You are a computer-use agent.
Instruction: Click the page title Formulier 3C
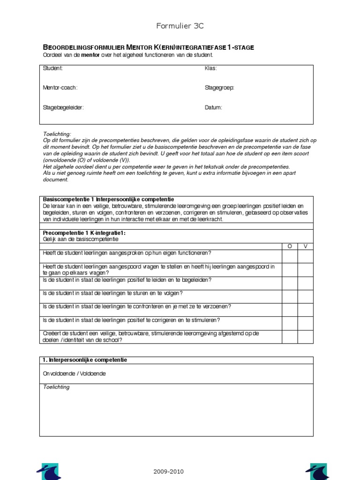pos(180,26)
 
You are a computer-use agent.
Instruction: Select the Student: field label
pos(52,68)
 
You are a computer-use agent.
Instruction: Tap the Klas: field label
pos(210,68)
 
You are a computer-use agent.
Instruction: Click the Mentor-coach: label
pos(60,88)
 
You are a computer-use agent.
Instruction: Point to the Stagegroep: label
pos(219,88)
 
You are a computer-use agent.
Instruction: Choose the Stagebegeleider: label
pos(63,107)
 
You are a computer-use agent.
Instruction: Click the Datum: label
pos(213,107)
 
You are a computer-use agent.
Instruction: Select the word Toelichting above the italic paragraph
pos(56,134)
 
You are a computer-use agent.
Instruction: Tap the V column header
pos(306,246)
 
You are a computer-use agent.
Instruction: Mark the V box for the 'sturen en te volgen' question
pos(306,296)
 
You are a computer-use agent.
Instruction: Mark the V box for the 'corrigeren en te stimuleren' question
pos(306,323)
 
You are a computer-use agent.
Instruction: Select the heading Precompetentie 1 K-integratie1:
pos(84,233)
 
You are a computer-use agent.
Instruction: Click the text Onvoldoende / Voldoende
pos(74,374)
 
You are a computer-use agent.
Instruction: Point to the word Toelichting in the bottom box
pos(56,387)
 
